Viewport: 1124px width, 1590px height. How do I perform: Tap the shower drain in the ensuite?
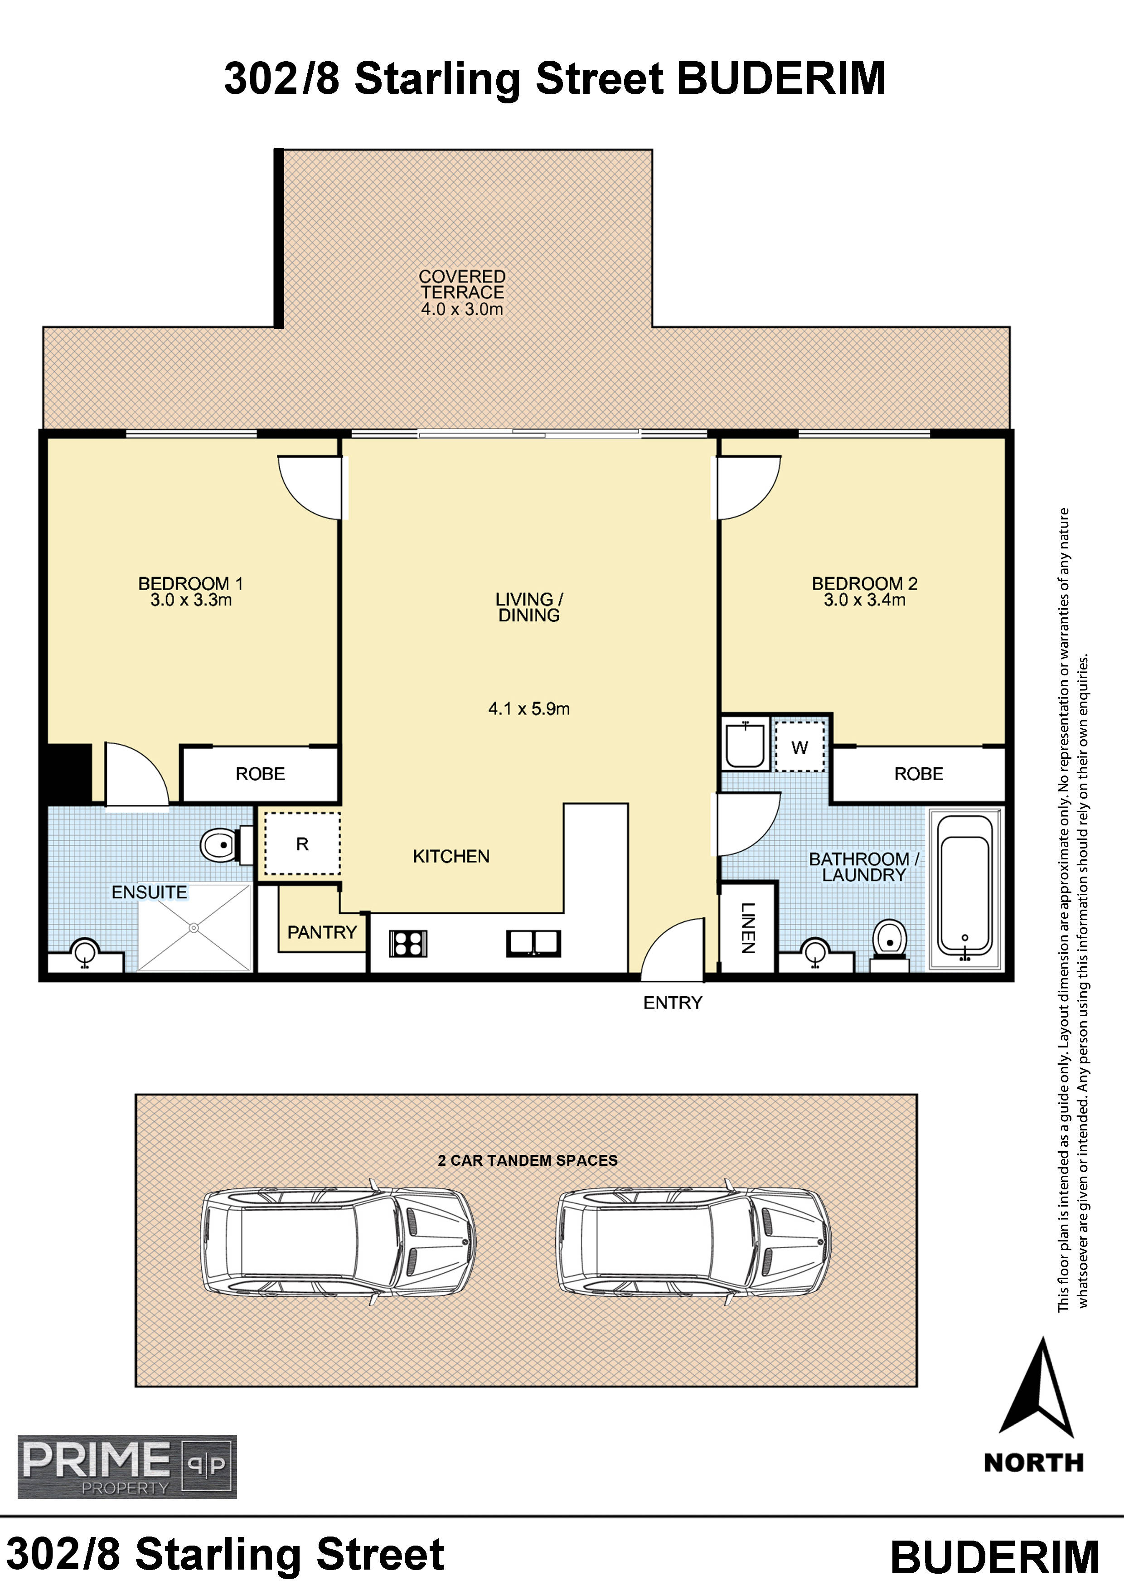(x=194, y=927)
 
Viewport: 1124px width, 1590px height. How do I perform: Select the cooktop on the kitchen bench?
(x=408, y=943)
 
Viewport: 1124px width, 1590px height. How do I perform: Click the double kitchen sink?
(x=533, y=943)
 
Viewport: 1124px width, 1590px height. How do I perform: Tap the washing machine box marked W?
(x=800, y=747)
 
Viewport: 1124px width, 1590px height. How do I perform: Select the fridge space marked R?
(x=302, y=843)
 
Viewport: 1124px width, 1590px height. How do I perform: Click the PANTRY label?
(x=322, y=932)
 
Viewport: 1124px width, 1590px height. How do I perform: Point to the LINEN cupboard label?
(x=748, y=927)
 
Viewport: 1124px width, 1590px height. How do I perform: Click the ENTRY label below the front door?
(x=673, y=1003)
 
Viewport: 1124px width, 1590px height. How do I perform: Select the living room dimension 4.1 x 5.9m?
(x=529, y=708)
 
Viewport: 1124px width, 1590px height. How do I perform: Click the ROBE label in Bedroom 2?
(x=918, y=774)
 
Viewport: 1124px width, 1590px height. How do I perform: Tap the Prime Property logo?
(x=127, y=1466)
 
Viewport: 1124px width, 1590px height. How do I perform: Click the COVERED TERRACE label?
(x=462, y=285)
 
